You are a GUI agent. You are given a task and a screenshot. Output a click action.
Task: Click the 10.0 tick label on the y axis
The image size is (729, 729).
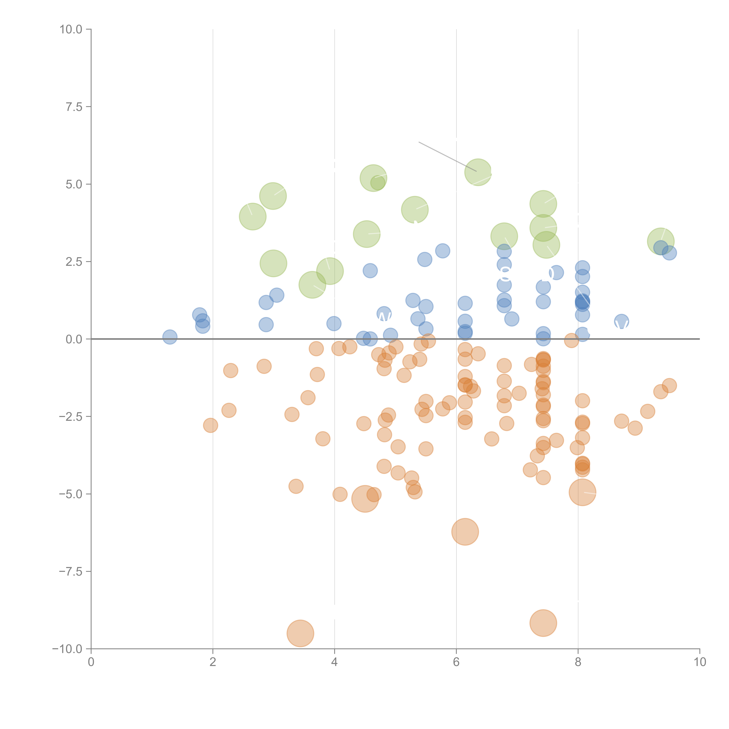[x=71, y=29]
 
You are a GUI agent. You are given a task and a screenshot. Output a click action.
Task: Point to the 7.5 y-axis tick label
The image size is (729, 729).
[x=74, y=107]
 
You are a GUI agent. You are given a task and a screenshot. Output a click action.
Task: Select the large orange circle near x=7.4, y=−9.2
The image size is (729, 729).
[x=543, y=623]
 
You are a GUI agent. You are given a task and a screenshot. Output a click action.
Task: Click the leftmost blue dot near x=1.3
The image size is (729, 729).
[x=170, y=337]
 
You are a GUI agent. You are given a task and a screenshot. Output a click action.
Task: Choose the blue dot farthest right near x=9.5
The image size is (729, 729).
[x=669, y=253]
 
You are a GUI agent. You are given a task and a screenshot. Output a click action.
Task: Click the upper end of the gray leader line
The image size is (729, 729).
[x=419, y=142]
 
